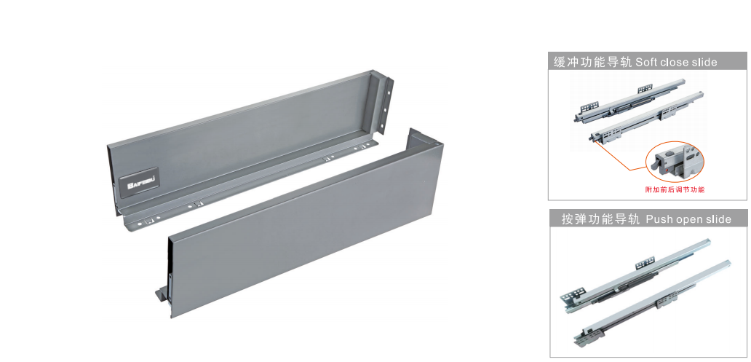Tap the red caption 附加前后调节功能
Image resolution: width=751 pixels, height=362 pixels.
tap(675, 189)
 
